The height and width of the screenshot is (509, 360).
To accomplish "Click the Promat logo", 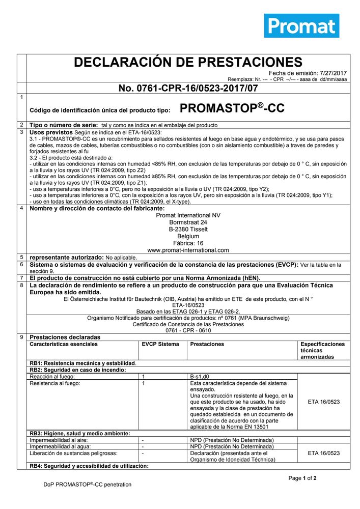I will [x=301, y=25].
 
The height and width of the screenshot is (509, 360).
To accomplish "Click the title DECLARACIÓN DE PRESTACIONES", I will [x=188, y=63].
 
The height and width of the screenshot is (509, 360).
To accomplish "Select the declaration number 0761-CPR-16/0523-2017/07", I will [x=188, y=89].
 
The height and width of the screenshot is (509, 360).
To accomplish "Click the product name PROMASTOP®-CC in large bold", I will [x=232, y=108].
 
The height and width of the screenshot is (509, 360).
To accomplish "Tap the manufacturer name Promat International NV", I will [x=188, y=215].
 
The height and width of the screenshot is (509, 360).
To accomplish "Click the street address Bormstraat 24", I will [x=188, y=222].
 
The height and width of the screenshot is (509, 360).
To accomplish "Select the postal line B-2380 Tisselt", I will [x=188, y=230].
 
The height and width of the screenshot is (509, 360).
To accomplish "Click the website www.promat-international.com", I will [x=188, y=250].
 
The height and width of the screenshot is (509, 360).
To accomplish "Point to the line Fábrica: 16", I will [x=188, y=243].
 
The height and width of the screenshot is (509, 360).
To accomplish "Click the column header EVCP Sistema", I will [x=160, y=345].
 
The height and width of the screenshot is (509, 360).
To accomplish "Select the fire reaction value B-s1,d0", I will [x=199, y=377].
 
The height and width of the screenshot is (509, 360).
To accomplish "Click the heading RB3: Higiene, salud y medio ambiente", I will [x=80, y=434].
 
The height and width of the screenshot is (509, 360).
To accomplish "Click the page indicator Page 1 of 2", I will [x=302, y=478].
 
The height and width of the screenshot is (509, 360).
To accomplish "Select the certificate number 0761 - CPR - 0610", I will [x=188, y=330].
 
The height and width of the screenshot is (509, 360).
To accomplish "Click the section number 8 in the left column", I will [x=21, y=286].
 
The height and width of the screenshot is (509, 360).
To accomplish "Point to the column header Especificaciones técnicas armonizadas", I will [x=322, y=351].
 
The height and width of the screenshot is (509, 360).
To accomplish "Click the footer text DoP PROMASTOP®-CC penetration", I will [x=87, y=485].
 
